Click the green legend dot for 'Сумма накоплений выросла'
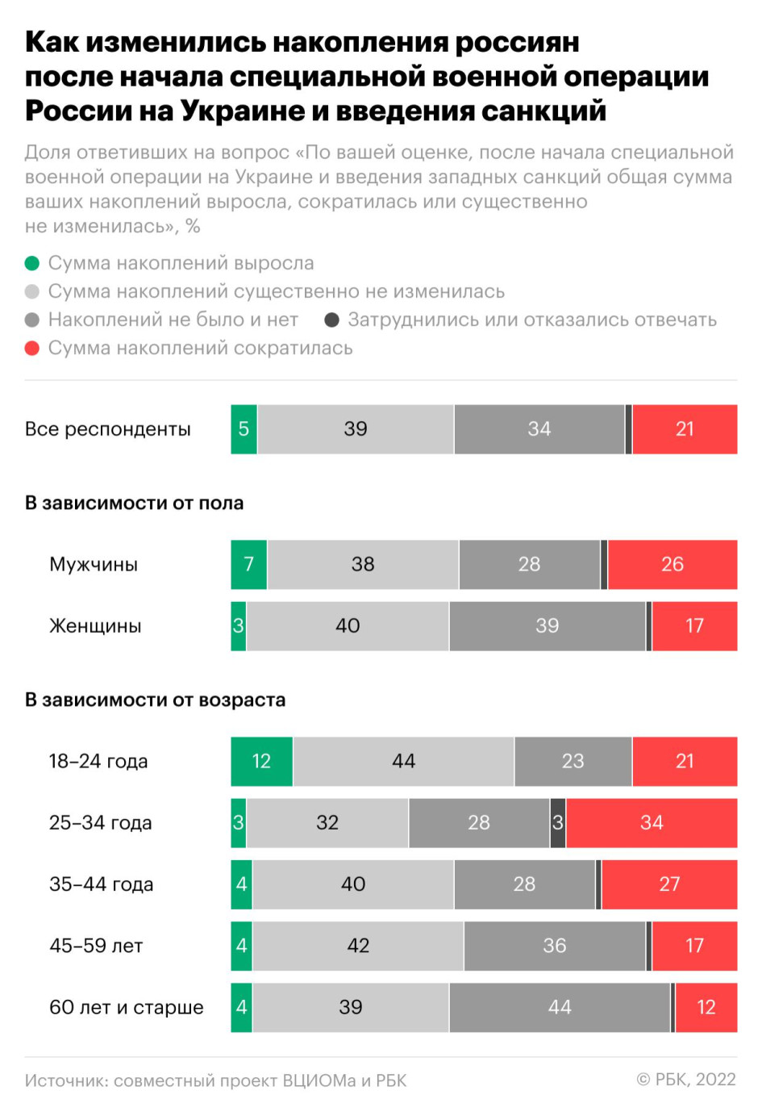tap(32, 263)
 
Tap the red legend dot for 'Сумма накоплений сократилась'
tap(32, 348)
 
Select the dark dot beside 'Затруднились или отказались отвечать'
tap(331, 320)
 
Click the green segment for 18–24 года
tap(261, 761)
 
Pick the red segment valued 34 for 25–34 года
tap(652, 822)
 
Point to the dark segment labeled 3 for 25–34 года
tap(558, 822)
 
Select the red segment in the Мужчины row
tap(672, 564)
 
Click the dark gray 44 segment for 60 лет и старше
tap(560, 1007)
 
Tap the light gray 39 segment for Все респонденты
tap(356, 428)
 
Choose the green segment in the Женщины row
tap(239, 625)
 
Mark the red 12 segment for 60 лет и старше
tap(706, 1007)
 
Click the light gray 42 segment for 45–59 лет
tap(358, 946)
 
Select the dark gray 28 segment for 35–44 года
tap(524, 884)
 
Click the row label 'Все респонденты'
tap(108, 428)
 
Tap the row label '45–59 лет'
tap(96, 946)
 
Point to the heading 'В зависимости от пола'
tap(134, 503)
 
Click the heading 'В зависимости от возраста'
tap(155, 700)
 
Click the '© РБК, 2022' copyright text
tap(686, 1080)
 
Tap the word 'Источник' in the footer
tap(65, 1080)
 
